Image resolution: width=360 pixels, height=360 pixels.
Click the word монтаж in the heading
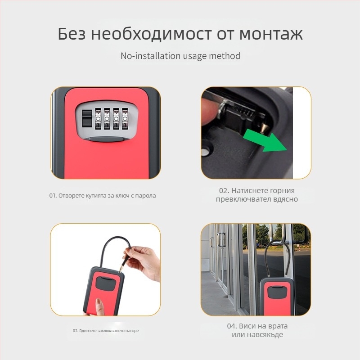coord(271,34)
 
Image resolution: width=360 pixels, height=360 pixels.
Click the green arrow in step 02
coord(265,140)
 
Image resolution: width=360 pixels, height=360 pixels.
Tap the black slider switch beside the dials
coord(86,118)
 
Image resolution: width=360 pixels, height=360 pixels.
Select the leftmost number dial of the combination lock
coord(98,119)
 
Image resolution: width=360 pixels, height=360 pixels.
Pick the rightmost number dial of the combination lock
coord(125,119)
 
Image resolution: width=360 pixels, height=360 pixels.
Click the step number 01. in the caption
coord(53,196)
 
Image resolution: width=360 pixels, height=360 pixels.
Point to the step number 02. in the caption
coord(224,190)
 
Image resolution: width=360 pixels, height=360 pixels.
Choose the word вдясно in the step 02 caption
coord(286,199)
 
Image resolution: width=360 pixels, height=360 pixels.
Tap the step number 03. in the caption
coord(76,331)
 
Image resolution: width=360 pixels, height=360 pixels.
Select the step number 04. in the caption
coord(232,326)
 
